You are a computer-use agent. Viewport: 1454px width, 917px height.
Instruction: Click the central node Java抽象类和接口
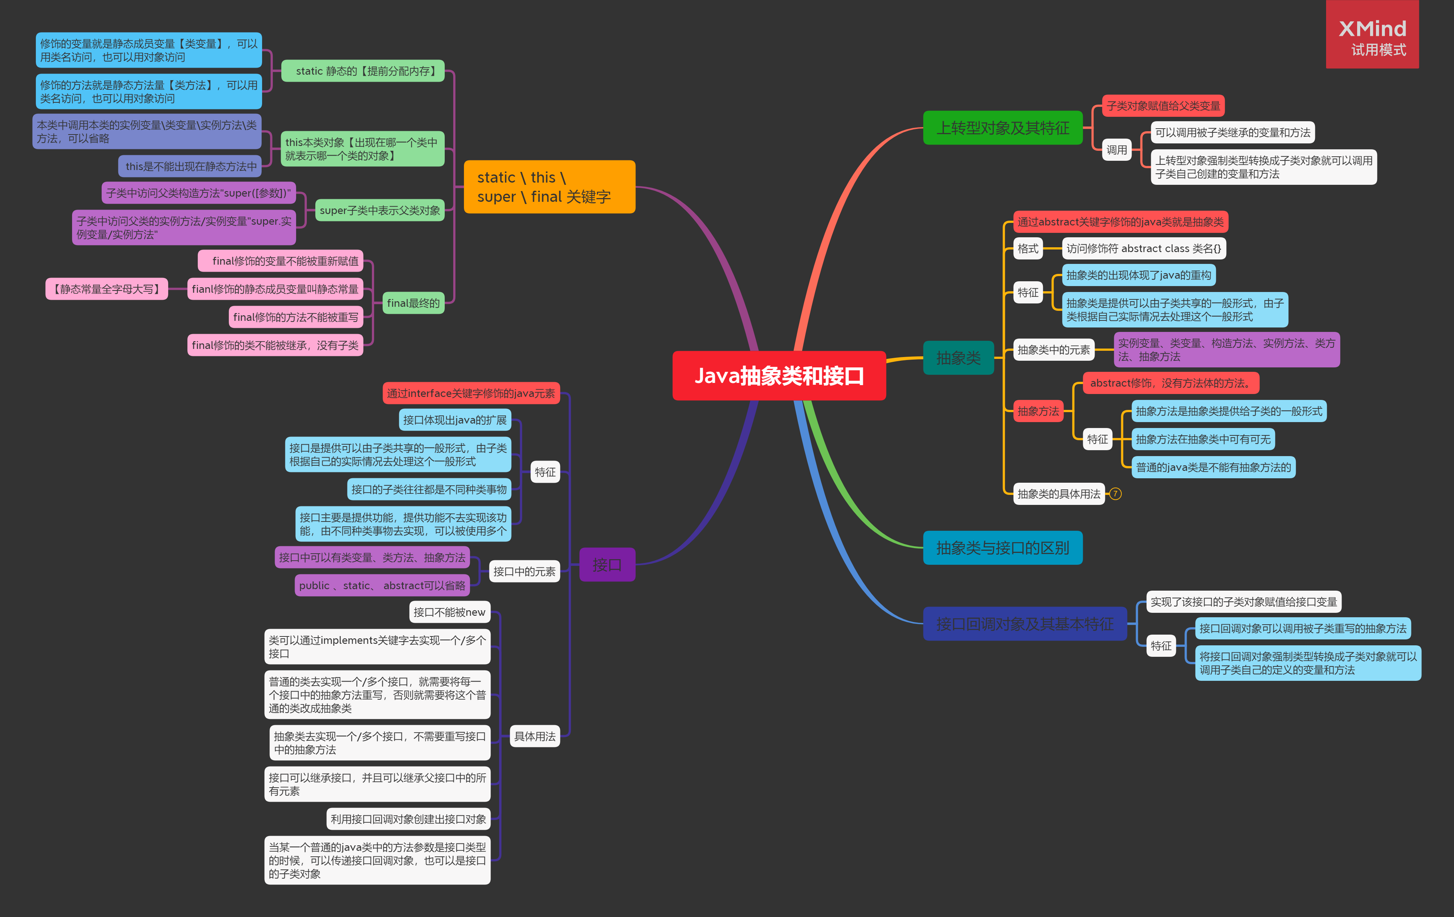(x=779, y=376)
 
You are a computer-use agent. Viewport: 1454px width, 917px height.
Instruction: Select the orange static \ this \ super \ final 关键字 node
(x=549, y=187)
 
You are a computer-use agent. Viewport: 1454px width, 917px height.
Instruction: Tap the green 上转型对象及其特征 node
(x=1002, y=128)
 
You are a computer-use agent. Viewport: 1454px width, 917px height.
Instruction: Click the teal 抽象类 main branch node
(x=958, y=357)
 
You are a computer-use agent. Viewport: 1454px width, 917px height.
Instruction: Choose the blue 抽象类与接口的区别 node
(x=1002, y=547)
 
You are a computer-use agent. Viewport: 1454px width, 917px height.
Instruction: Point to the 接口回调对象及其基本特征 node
(x=1025, y=624)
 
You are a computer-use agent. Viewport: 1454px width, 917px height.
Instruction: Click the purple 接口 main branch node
(x=607, y=564)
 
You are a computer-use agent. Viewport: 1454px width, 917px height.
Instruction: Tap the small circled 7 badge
(x=1115, y=494)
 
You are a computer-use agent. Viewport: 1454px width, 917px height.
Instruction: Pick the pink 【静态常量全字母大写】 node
(x=107, y=289)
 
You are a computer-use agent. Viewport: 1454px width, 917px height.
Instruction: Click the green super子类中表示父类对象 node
(x=379, y=210)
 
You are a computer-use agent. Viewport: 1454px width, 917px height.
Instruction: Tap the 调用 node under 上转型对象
(x=1116, y=150)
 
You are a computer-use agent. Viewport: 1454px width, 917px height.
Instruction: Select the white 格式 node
(x=1028, y=248)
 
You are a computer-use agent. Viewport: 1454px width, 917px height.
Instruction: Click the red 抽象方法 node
(x=1038, y=411)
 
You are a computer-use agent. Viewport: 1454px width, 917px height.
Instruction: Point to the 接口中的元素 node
(x=524, y=571)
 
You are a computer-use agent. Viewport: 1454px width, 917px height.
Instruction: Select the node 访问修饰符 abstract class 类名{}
(x=1143, y=248)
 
